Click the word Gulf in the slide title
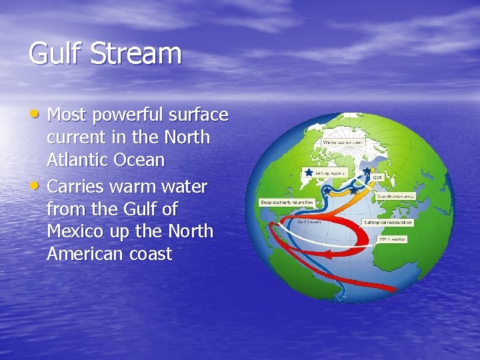pos(54,54)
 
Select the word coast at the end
pos(151,255)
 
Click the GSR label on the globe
pos(377,178)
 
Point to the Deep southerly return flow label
pos(287,202)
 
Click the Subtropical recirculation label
pos(387,222)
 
